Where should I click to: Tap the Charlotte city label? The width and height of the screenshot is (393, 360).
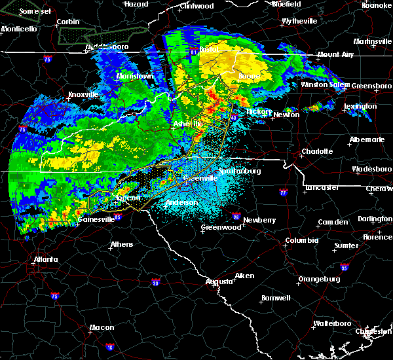coord(317,152)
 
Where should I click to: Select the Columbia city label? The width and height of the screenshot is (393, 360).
coord(301,240)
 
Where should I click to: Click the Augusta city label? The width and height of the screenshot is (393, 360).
coord(219,281)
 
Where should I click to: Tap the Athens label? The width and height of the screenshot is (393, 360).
coord(121,245)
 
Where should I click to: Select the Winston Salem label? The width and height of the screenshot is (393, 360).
coord(326,85)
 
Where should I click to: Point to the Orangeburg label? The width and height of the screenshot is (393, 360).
coord(319,279)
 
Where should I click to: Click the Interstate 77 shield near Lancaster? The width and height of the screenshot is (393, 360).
coord(282,193)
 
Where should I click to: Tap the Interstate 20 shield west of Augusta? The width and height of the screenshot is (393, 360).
coord(155,282)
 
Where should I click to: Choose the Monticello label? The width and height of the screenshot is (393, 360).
coord(18,29)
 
